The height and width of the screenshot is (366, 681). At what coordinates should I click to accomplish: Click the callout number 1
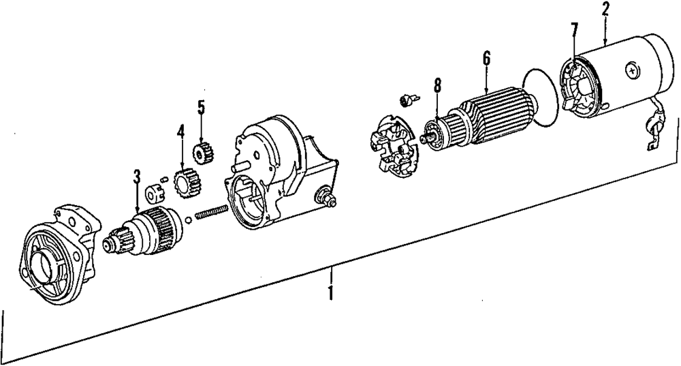tap(331, 294)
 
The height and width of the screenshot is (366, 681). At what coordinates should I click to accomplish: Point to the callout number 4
tap(180, 131)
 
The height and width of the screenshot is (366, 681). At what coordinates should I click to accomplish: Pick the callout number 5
tap(201, 107)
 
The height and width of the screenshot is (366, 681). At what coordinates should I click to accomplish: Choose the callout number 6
tap(486, 59)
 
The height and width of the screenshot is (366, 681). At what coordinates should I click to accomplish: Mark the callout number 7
tap(574, 30)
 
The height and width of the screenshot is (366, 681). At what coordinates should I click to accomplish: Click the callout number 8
tap(437, 87)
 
